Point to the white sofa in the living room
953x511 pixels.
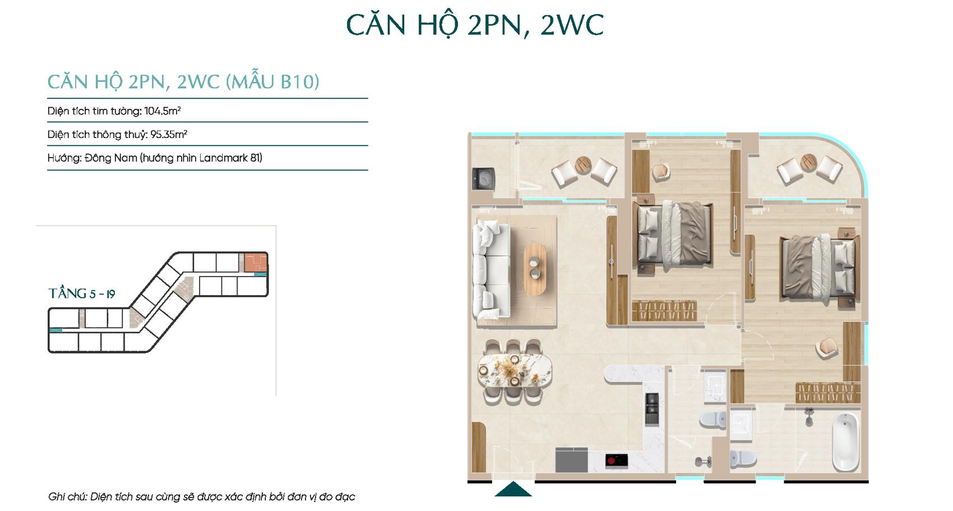pos(492,269)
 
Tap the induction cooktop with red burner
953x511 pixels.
pos(617,461)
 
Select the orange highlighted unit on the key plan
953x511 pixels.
pos(256,263)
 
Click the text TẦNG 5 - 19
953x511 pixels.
pos(82,293)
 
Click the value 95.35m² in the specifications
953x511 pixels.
pos(169,134)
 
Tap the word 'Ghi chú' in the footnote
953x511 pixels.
pos(66,496)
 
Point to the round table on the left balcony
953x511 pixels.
pos(583,165)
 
